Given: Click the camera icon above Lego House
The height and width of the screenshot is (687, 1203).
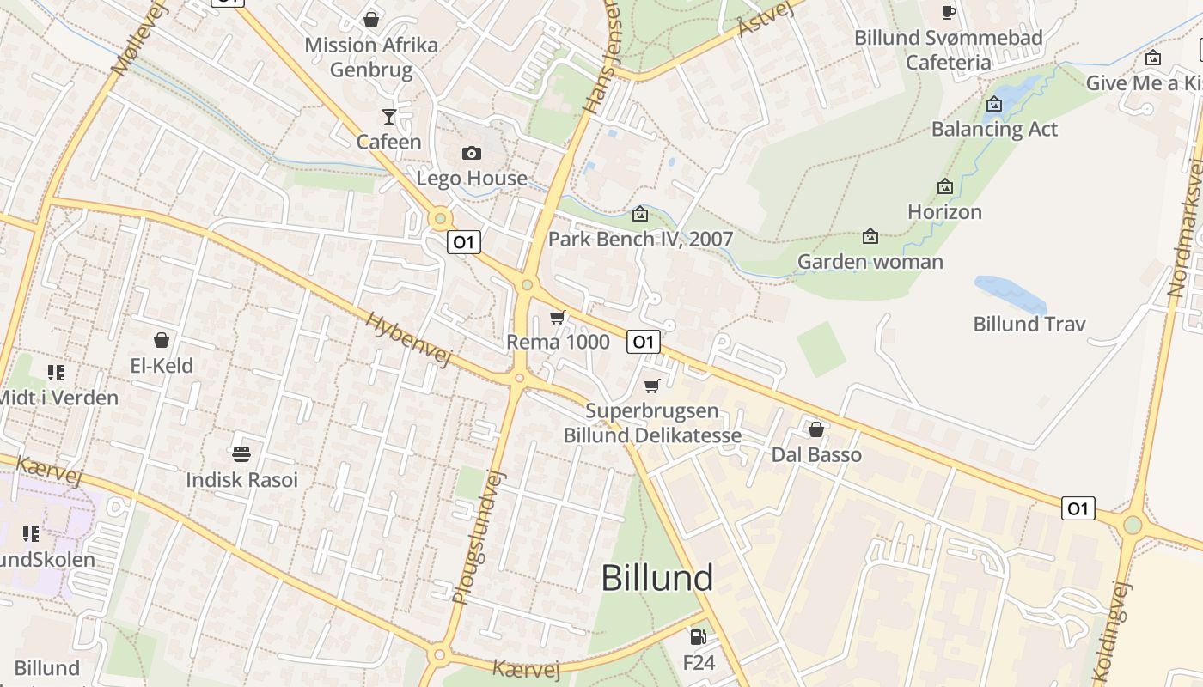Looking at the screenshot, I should click(x=472, y=154).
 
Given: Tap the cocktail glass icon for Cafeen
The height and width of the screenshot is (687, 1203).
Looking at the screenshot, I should click(x=389, y=116).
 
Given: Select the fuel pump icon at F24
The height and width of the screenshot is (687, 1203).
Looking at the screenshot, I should click(x=699, y=637).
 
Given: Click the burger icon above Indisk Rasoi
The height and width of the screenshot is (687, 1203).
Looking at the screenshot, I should click(x=241, y=453).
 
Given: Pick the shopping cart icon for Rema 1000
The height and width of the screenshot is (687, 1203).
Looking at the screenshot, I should click(x=558, y=318).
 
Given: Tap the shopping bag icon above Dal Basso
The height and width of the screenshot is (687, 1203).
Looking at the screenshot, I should click(x=816, y=429).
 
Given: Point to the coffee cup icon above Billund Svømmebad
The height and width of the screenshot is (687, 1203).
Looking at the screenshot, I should click(x=949, y=12).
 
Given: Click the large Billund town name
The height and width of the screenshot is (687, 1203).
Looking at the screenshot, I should click(x=657, y=578).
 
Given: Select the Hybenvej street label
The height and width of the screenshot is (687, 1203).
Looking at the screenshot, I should click(x=408, y=339).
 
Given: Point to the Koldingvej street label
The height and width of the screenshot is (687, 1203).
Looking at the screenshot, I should click(x=1114, y=633).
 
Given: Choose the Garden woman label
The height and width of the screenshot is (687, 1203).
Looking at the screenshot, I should click(x=870, y=261).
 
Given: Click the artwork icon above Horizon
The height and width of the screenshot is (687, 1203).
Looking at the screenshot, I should click(x=945, y=186).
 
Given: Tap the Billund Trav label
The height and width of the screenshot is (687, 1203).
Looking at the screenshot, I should click(x=1029, y=324).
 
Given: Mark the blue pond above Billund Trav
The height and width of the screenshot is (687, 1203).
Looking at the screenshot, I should click(x=1011, y=293).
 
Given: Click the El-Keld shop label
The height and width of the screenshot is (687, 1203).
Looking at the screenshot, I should click(x=162, y=366).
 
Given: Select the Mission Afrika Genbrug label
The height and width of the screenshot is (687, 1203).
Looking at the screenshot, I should click(x=371, y=57).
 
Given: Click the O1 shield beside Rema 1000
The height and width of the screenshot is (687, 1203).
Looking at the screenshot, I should click(x=644, y=342).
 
